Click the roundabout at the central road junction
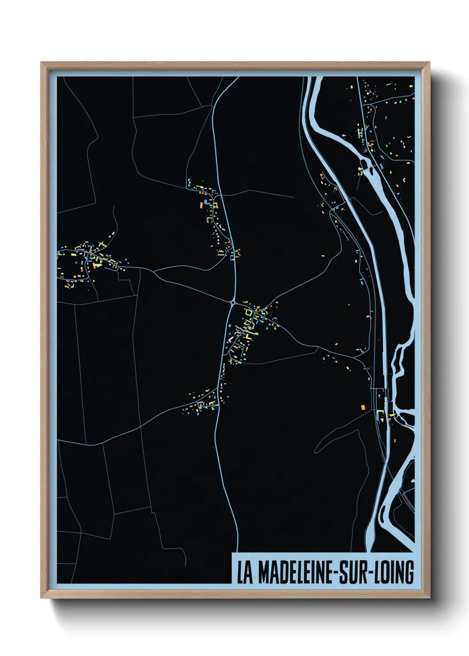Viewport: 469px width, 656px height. coord(233,303)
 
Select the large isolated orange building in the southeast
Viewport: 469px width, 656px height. coord(363,407)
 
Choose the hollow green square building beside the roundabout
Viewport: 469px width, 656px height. coord(249,313)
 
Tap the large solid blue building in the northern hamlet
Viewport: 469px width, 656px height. coord(207,201)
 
